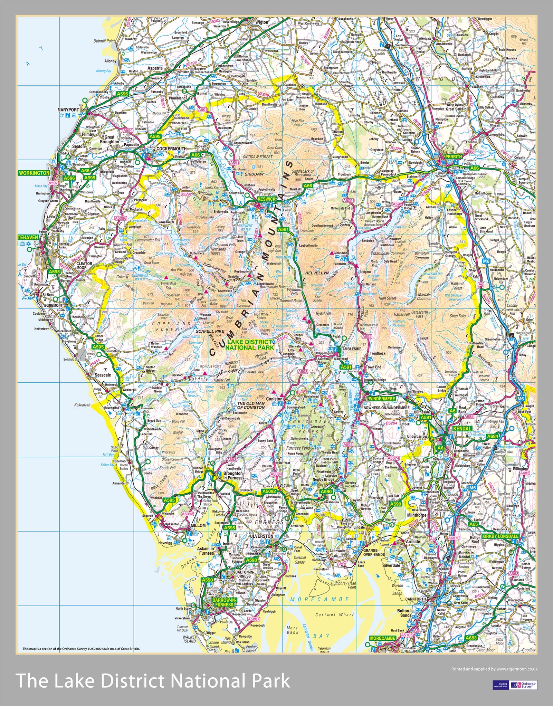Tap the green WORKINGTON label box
click(x=34, y=173)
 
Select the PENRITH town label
click(x=453, y=156)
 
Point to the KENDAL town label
click(x=462, y=428)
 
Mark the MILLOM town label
click(x=198, y=525)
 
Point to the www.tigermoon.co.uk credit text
click(x=517, y=669)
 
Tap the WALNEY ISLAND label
click(x=189, y=639)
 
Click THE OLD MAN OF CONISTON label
click(x=251, y=405)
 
